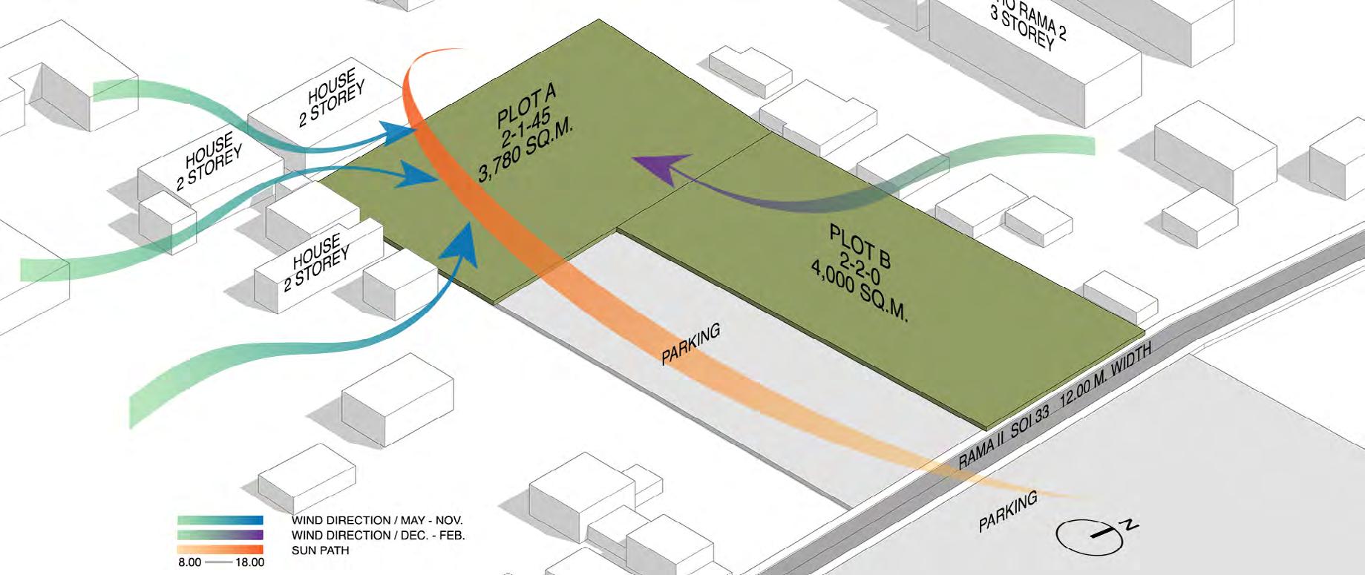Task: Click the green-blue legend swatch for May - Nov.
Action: (x=220, y=521)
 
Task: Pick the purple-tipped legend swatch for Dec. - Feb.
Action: (x=220, y=535)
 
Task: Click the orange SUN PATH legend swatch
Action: (x=220, y=550)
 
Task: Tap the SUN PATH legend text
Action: (x=320, y=551)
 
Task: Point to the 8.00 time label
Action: (x=189, y=562)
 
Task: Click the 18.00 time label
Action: (x=249, y=562)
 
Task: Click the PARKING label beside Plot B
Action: (x=690, y=345)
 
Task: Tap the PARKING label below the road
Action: (x=1007, y=513)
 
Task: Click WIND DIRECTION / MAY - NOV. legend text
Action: (x=376, y=521)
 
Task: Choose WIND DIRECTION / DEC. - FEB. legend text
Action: (x=378, y=535)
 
